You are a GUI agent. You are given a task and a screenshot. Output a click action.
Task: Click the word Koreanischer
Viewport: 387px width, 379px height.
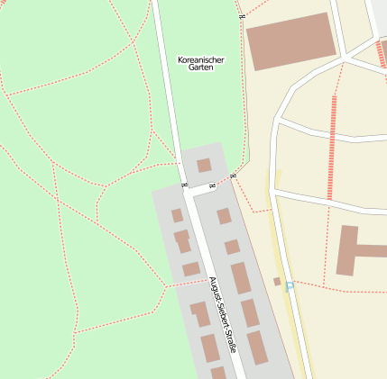click(x=201, y=60)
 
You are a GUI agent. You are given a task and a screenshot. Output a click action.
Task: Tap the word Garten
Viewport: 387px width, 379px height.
click(x=201, y=68)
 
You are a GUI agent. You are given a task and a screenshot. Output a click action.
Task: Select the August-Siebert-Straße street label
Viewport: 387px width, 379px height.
click(x=222, y=313)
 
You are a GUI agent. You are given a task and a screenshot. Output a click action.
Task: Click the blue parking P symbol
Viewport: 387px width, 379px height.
click(x=289, y=286)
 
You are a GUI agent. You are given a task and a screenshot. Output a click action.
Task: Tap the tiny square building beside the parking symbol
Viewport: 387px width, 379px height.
click(x=277, y=282)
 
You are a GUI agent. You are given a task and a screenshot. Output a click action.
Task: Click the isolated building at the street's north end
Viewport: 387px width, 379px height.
click(x=204, y=165)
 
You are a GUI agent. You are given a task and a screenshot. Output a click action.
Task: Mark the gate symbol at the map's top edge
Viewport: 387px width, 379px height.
click(x=242, y=16)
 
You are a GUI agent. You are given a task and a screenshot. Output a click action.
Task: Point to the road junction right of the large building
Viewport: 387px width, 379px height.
click(x=346, y=59)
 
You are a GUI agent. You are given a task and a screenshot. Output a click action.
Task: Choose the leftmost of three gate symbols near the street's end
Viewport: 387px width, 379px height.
click(x=184, y=185)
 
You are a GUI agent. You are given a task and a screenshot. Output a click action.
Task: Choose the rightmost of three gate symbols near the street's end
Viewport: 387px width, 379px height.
click(x=232, y=176)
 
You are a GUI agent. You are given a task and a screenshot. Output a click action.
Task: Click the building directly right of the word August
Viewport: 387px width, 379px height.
click(x=240, y=278)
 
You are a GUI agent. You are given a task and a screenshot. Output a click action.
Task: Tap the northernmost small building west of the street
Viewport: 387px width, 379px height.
click(x=177, y=215)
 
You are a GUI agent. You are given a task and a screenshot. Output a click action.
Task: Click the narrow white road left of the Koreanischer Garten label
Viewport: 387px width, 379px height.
click(x=167, y=81)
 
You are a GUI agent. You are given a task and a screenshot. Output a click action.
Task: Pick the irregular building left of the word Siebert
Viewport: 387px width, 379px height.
click(x=199, y=313)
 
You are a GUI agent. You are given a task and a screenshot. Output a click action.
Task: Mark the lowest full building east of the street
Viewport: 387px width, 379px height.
click(x=258, y=347)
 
